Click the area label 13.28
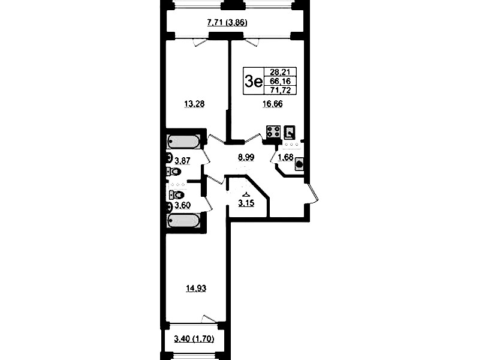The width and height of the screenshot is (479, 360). click(x=194, y=104)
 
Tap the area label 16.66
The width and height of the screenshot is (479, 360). click(x=273, y=104)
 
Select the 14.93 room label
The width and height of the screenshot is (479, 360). click(x=196, y=288)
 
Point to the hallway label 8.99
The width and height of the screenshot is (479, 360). click(x=246, y=157)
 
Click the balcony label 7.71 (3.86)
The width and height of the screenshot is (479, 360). click(x=227, y=23)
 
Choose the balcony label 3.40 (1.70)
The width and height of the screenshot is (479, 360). click(x=194, y=339)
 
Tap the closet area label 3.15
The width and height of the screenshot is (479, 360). click(x=246, y=203)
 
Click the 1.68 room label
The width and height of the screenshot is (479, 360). click(x=285, y=158)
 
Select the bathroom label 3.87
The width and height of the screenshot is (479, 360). click(x=182, y=160)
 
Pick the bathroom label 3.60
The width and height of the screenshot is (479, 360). click(x=182, y=206)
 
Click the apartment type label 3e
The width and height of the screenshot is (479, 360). click(x=254, y=82)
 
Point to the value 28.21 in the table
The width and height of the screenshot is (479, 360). click(x=278, y=72)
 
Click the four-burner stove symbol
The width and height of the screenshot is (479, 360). click(x=273, y=132)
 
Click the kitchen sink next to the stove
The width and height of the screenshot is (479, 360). click(x=290, y=132)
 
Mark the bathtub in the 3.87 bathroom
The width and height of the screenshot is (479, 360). click(x=183, y=142)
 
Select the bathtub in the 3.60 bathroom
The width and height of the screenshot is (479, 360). click(x=183, y=221)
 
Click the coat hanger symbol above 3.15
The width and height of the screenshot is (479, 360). click(x=246, y=194)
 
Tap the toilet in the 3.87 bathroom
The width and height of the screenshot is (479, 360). click(x=173, y=172)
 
